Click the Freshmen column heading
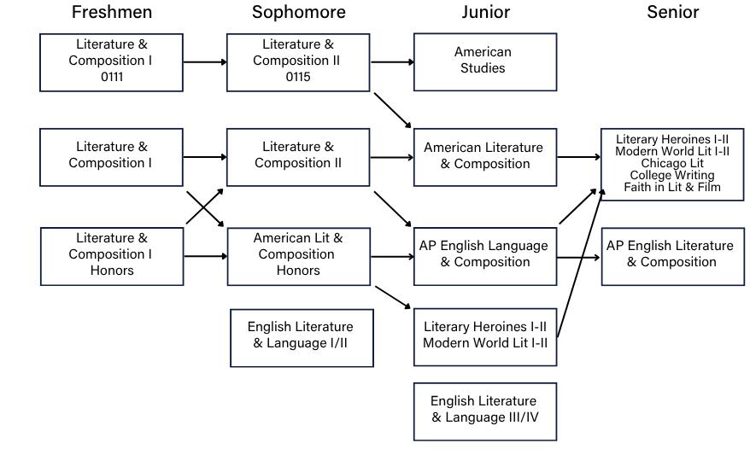112,12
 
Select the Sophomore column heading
298,12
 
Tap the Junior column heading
485,12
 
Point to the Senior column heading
672,12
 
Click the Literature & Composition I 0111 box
112,61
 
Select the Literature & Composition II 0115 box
298,61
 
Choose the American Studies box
485,61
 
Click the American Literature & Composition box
485,157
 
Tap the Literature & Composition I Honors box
112,255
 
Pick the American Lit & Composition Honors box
298,255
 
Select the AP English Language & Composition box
485,255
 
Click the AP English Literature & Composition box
672,255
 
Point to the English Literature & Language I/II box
302,337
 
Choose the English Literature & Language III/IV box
485,411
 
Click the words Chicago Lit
672,163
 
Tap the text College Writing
672,175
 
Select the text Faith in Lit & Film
672,187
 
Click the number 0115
298,77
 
